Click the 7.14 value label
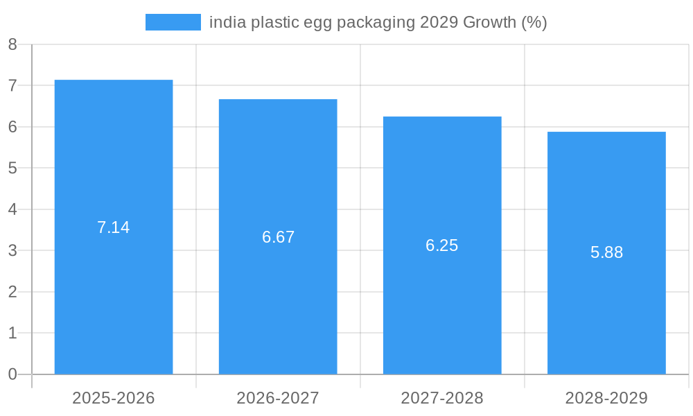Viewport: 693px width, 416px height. (114, 227)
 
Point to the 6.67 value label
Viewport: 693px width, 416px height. (278, 237)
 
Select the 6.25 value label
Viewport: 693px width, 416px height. (442, 245)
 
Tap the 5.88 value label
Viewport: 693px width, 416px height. (606, 252)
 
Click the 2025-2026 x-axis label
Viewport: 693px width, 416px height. (114, 398)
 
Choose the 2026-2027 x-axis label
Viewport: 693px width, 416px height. (278, 398)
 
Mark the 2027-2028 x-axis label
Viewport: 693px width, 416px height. (442, 398)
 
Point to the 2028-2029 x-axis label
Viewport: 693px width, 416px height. (606, 398)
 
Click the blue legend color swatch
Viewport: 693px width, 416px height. (173, 22)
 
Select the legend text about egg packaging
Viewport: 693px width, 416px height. (378, 22)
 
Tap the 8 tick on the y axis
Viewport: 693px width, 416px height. (12, 44)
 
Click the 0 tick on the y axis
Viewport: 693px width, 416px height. (12, 374)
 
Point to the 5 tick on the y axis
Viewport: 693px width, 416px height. (12, 168)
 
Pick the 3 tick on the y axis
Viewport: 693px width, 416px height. (12, 250)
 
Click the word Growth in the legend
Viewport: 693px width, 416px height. (489, 22)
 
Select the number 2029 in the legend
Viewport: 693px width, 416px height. (439, 22)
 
